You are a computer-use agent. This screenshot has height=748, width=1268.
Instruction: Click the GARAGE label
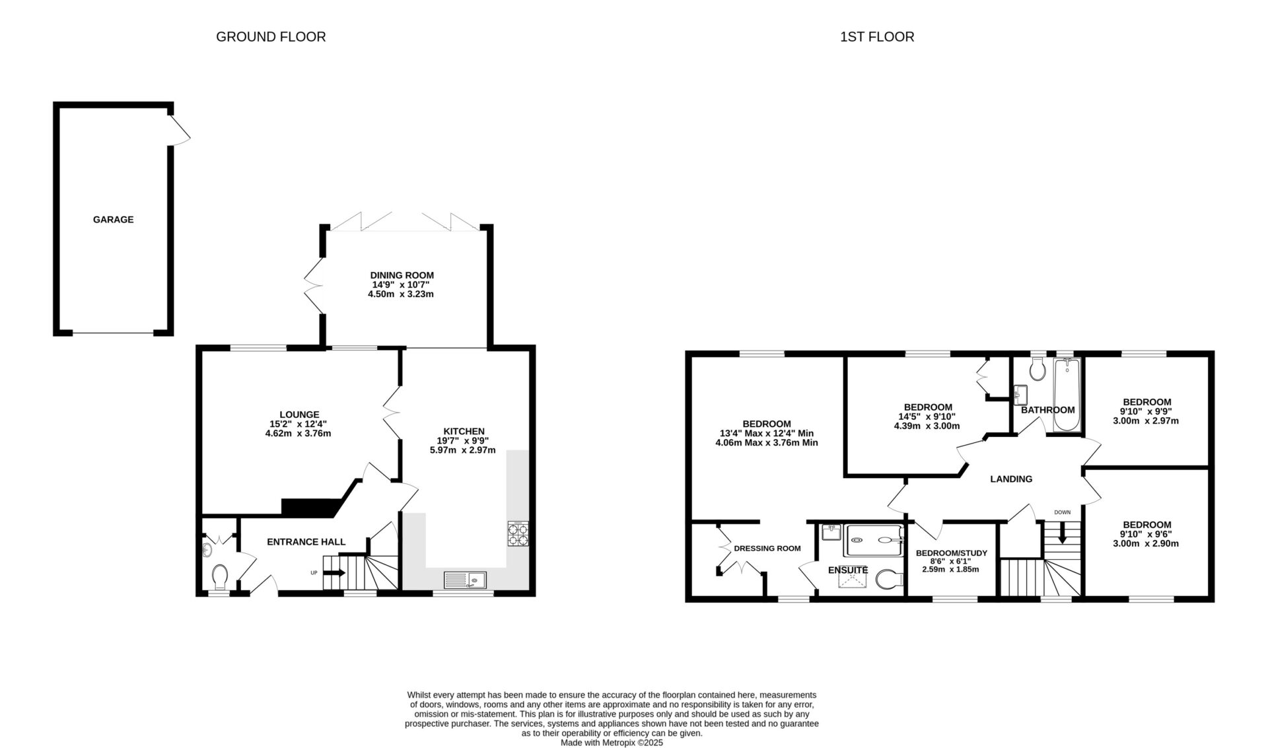coord(113,219)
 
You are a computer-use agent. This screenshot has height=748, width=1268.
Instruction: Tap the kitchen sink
coord(465,580)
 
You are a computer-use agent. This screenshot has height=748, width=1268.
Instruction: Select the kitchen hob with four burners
coord(518,534)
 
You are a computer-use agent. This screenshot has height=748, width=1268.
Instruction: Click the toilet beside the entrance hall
coord(220,576)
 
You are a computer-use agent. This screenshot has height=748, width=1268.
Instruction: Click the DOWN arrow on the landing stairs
coord(1062,533)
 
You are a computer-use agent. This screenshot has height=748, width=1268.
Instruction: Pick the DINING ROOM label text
coord(402,275)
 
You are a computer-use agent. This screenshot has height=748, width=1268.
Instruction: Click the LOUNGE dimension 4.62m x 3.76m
coord(299,434)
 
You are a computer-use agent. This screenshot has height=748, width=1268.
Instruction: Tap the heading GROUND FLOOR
coord(271,37)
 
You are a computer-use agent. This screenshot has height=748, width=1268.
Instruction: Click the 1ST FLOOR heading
coord(877,37)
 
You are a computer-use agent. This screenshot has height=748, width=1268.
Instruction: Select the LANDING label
coord(1011,479)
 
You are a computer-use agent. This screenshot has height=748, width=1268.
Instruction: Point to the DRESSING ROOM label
coord(767,549)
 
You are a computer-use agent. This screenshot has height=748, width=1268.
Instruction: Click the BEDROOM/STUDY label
coord(952,553)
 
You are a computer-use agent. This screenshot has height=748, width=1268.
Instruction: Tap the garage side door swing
coord(179,131)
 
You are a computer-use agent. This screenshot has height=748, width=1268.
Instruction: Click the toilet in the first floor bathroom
coord(1036,370)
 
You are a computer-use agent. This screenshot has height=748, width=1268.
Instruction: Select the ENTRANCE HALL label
coord(306,542)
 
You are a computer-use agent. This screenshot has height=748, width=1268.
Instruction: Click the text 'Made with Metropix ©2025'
coord(612,743)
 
